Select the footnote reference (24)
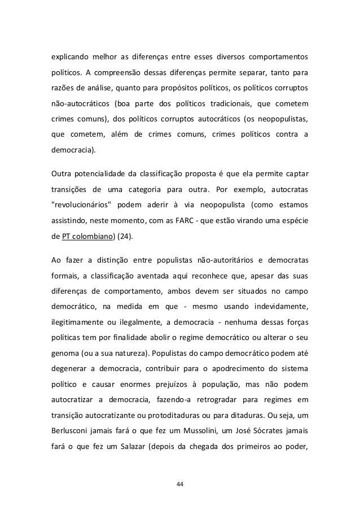coord(125,236)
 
